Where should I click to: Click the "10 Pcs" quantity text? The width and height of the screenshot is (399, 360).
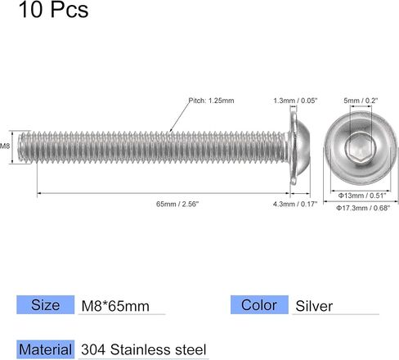coord(53,10)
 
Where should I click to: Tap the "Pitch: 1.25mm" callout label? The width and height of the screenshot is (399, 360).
coord(212,101)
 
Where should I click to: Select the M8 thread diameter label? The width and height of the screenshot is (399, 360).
coord(5,146)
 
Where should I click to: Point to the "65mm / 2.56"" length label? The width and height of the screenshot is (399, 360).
coord(177,204)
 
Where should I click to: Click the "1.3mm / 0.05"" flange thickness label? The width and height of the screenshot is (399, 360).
coord(295,101)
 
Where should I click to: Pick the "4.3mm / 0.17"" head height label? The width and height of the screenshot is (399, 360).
coord(295,204)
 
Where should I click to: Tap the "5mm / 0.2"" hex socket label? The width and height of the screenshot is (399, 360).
coord(361,101)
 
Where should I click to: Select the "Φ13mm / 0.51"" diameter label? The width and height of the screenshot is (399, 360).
coord(362,196)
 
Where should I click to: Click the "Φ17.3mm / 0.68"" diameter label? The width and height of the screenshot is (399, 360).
coord(363,208)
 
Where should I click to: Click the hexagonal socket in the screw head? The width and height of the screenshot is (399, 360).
coord(361,148)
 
